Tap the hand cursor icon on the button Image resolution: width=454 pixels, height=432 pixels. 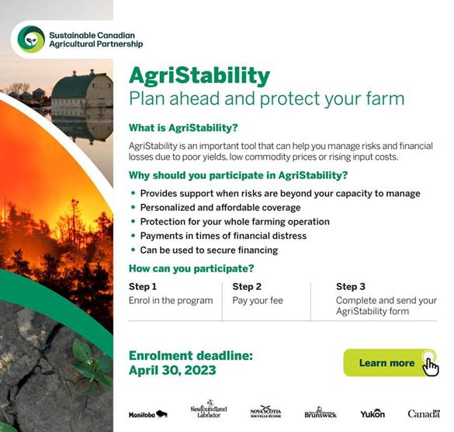click(431, 366)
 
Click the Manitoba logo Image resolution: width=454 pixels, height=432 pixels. click(148, 414)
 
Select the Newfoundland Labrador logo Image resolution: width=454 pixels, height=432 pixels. click(209, 409)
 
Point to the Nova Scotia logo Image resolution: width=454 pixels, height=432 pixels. click(265, 412)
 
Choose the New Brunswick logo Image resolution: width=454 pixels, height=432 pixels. click(321, 413)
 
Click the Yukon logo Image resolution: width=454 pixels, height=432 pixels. click(373, 413)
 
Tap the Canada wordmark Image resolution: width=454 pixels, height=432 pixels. click(424, 413)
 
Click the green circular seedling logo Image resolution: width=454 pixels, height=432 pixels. click(31, 40)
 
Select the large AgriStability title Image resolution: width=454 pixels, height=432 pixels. click(199, 76)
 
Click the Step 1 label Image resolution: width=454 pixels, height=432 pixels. click(143, 286)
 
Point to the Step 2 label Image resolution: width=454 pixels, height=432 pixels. click(247, 286)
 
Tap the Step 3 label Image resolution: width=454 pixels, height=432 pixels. click(351, 286)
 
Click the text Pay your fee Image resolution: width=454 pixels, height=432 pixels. click(258, 301)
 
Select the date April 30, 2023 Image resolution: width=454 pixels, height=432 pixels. click(172, 371)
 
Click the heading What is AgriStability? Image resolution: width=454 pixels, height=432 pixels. click(183, 128)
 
